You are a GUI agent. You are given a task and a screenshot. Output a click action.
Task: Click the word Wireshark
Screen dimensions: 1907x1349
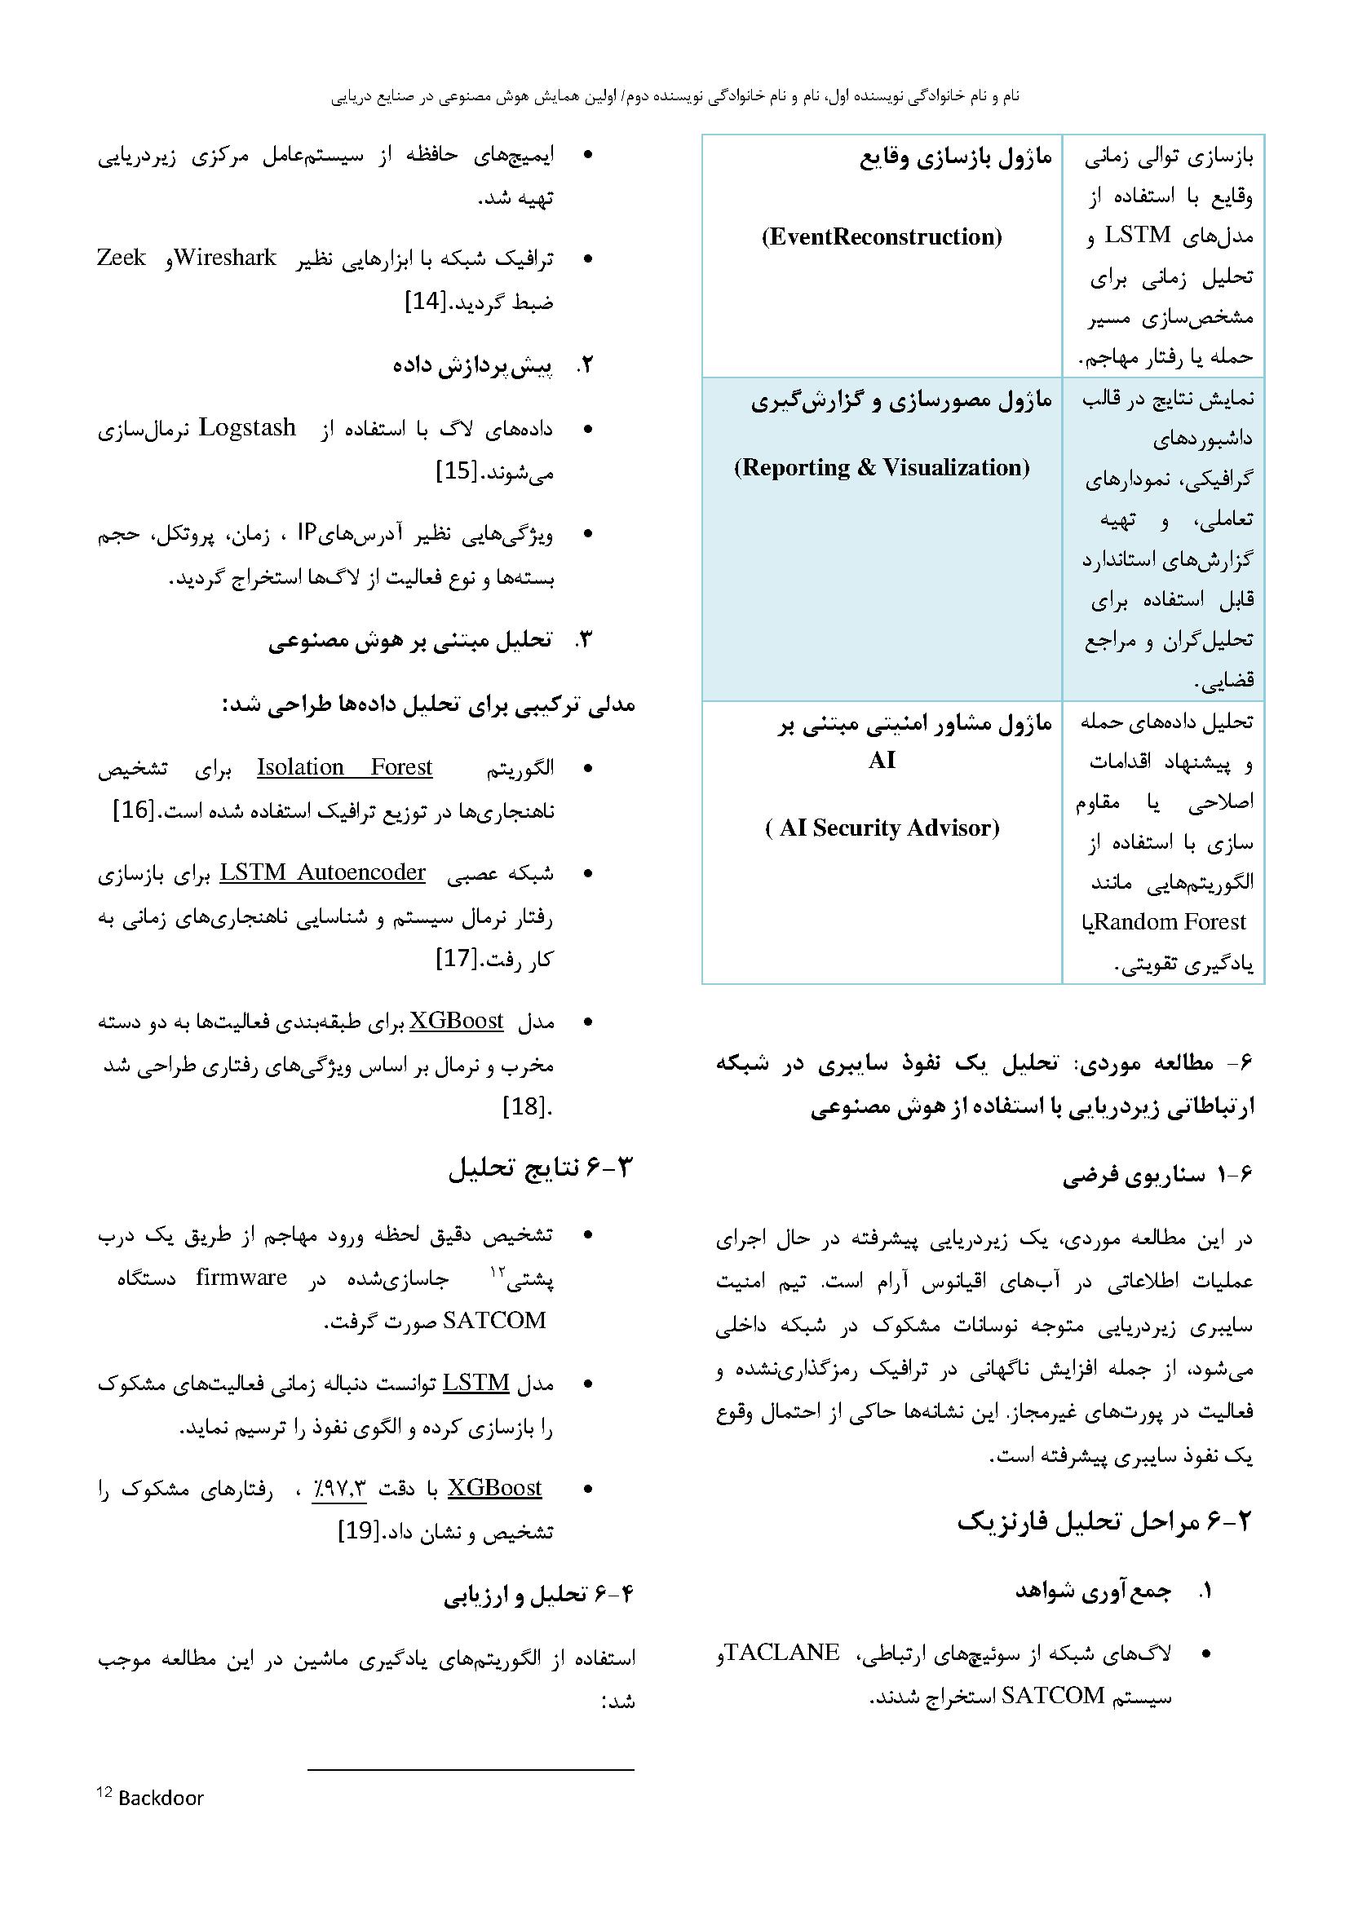coord(224,258)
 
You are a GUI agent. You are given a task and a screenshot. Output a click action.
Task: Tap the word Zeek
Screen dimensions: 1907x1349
coord(122,258)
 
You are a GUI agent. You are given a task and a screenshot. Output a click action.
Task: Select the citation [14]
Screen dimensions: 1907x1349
coord(425,302)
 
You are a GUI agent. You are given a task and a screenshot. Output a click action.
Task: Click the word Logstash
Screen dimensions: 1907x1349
coord(248,428)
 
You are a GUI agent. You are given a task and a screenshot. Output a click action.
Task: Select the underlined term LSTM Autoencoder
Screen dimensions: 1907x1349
coord(322,872)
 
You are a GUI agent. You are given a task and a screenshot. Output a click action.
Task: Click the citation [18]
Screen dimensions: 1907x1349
coord(526,1107)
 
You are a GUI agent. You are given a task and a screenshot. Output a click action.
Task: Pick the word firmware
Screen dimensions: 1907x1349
coord(241,1278)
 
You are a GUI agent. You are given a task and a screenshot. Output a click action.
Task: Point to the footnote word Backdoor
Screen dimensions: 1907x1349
coord(161,1799)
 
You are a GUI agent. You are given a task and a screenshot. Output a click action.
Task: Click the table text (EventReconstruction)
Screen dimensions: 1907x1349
coord(882,236)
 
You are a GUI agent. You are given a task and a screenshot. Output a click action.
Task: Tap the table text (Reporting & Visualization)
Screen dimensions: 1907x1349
coord(882,467)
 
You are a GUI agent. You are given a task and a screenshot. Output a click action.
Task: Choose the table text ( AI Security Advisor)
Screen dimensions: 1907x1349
coord(882,828)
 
